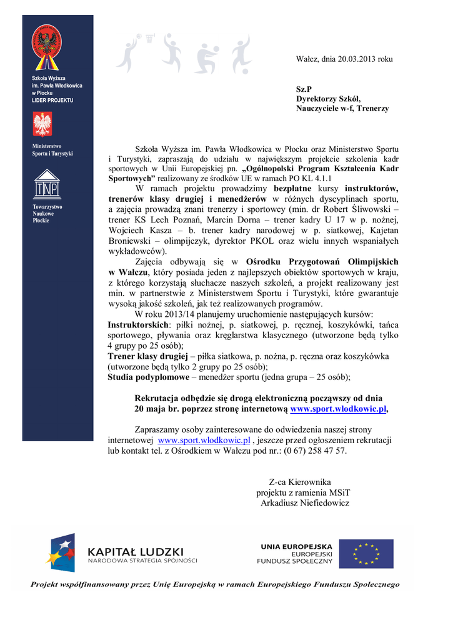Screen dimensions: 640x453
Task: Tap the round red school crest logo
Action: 47,46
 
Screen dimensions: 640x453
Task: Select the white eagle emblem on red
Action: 42,124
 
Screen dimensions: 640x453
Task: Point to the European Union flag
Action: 366,554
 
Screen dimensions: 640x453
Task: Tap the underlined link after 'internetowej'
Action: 204,440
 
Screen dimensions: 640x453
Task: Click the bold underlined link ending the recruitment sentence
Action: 339,409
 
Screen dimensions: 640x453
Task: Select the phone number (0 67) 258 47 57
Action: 312,451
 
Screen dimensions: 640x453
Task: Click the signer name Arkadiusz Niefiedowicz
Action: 304,503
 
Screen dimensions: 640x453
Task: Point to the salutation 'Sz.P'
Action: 304,89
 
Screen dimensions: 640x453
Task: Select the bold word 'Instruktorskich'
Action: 138,326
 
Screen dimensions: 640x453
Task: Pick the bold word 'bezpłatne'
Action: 294,188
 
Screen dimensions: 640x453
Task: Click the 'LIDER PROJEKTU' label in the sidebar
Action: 52,100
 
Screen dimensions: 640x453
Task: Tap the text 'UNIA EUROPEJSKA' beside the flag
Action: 296,546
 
